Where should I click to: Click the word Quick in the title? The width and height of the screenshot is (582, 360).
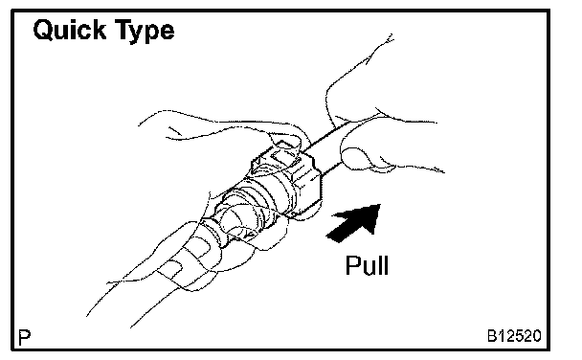pyautogui.click(x=70, y=30)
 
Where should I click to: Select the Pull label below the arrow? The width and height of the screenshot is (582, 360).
pyautogui.click(x=367, y=265)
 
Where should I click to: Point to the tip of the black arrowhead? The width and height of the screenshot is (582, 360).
pyautogui.click(x=380, y=205)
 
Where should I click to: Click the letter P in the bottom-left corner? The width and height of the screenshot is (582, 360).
pyautogui.click(x=25, y=337)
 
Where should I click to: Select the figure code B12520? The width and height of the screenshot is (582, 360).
pyautogui.click(x=514, y=336)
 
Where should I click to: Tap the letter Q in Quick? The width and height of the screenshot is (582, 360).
pyautogui.click(x=44, y=30)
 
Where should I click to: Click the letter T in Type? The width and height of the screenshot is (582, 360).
pyautogui.click(x=123, y=29)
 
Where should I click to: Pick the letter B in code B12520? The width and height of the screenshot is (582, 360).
pyautogui.click(x=492, y=336)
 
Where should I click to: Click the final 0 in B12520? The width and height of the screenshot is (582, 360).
pyautogui.click(x=537, y=336)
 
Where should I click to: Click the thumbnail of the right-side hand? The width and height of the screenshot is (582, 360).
pyautogui.click(x=355, y=158)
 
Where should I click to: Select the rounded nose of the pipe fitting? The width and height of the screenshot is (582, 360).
pyautogui.click(x=234, y=219)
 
